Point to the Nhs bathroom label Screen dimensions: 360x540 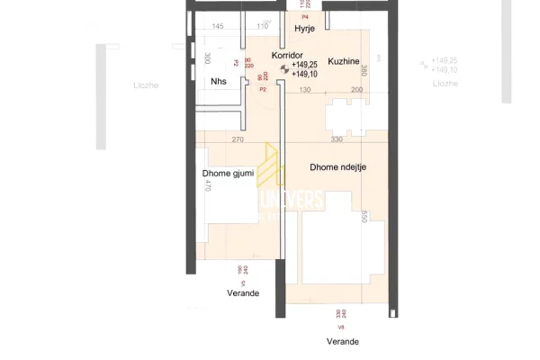[219, 82]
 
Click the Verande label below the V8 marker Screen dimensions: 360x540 [342, 341]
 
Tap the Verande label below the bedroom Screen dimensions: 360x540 [243, 293]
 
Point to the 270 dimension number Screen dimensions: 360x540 [238, 139]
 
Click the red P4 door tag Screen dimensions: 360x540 [305, 17]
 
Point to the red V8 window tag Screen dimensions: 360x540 [340, 327]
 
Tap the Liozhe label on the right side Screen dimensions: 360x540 [445, 83]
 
